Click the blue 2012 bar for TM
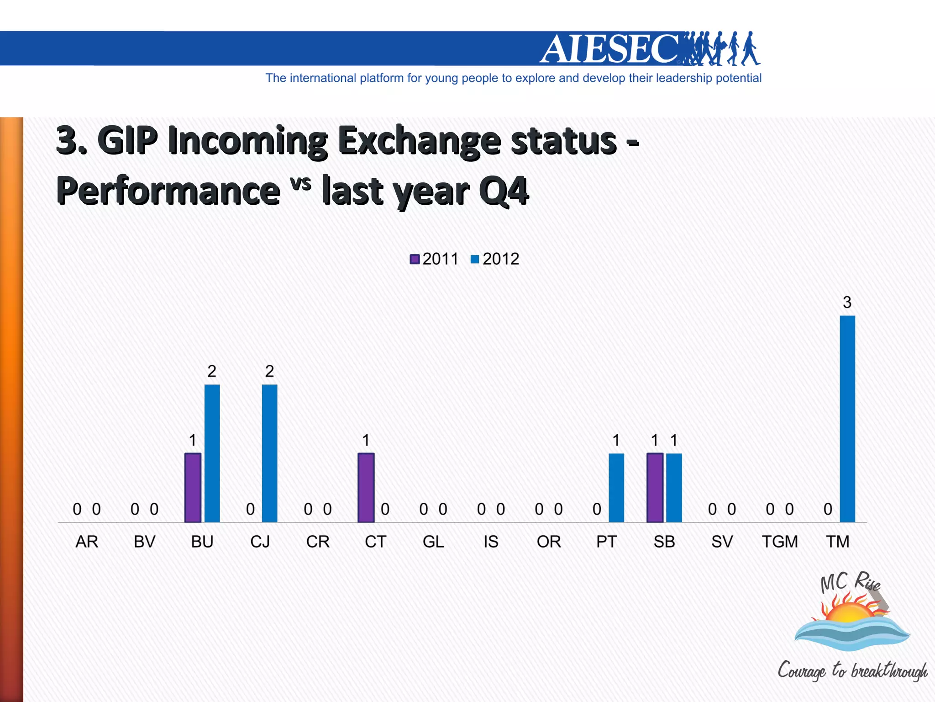[x=847, y=418]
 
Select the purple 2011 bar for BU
[x=193, y=487]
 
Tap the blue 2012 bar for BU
[x=212, y=453]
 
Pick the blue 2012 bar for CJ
[x=269, y=453]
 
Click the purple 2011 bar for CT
[x=366, y=487]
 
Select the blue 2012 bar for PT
[x=616, y=487]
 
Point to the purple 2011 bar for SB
[x=655, y=487]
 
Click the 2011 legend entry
[x=434, y=259]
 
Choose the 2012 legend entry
[x=495, y=259]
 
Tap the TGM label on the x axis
[x=780, y=542]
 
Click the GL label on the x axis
[x=433, y=542]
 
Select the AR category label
[x=87, y=542]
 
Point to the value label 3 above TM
[x=847, y=302]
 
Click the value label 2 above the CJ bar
[x=269, y=371]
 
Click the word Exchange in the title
[x=419, y=141]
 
